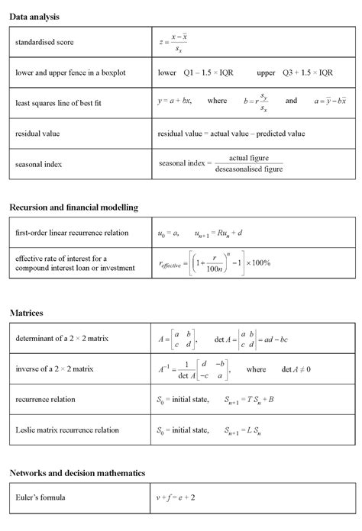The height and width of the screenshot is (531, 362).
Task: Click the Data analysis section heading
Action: click(34, 16)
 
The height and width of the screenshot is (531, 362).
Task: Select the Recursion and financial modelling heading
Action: click(73, 207)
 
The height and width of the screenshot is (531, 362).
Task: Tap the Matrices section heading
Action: click(27, 313)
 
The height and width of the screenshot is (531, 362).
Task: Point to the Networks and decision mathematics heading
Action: click(77, 473)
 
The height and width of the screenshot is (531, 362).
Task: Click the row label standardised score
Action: click(44, 42)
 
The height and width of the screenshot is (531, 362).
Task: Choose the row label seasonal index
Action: click(38, 163)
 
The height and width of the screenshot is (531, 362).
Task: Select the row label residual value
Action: click(37, 134)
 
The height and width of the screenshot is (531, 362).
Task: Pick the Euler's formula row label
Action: click(40, 498)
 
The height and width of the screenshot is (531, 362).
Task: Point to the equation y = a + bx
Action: click(175, 101)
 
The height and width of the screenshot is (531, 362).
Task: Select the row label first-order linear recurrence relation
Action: click(72, 232)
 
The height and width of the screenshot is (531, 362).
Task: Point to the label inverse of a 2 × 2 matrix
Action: click(54, 368)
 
